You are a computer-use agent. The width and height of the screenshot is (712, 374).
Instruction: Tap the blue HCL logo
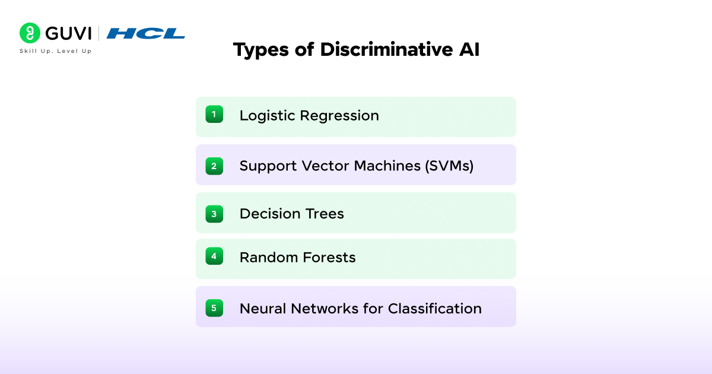[x=146, y=33]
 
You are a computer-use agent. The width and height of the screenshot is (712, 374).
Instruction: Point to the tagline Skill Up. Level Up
[x=56, y=51]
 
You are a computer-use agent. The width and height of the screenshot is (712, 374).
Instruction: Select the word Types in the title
[x=260, y=50]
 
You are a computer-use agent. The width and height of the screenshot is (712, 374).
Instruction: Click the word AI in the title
[x=468, y=50]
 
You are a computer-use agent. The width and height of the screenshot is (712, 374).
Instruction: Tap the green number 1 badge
[x=214, y=115]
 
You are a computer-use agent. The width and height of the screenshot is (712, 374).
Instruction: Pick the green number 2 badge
[x=214, y=166]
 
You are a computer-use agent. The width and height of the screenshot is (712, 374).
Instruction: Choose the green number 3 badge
[x=214, y=214]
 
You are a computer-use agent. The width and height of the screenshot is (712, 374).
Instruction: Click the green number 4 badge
[x=214, y=256]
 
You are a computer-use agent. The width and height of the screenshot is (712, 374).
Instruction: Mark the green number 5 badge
[x=214, y=308]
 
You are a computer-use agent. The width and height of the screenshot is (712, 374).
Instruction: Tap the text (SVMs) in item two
[x=449, y=166]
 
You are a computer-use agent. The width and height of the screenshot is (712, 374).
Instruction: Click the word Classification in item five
[x=434, y=309]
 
